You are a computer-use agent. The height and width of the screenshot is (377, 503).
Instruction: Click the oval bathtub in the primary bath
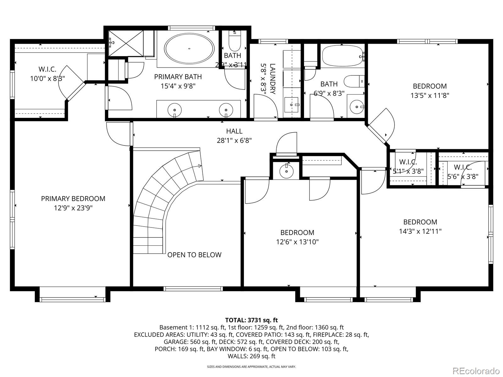(x=189, y=49)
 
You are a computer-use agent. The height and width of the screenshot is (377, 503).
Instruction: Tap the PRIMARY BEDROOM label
(x=73, y=199)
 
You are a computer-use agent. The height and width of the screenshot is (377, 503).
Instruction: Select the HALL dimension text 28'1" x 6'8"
(x=234, y=140)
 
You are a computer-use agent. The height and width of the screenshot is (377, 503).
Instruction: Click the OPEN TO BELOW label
(x=194, y=255)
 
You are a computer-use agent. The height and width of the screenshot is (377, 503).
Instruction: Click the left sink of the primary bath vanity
(x=175, y=110)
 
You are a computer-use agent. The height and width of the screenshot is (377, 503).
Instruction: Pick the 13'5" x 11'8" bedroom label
(x=429, y=86)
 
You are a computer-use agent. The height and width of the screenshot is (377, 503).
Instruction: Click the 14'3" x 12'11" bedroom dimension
(x=420, y=232)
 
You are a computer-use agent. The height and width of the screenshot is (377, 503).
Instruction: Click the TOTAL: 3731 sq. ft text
(x=251, y=320)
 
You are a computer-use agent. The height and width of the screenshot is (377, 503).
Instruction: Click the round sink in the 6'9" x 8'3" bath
(x=357, y=107)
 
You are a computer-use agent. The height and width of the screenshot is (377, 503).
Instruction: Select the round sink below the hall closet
(x=286, y=172)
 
